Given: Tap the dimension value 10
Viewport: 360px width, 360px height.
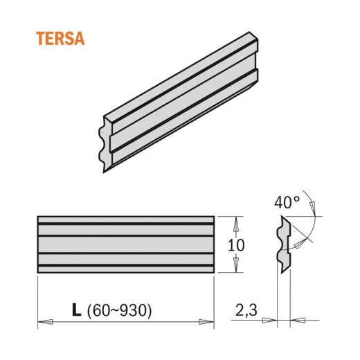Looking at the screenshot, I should click(x=235, y=245).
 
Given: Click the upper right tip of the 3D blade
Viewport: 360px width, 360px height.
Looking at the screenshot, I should click(x=255, y=36).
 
